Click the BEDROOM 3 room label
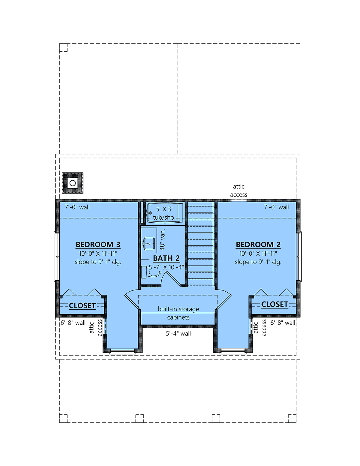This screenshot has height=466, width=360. point(98,245)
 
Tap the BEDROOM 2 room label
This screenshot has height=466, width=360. point(258,245)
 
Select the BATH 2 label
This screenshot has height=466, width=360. point(166,258)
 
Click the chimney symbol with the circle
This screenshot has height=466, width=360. point(73,183)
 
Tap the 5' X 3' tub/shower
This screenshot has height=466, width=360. point(165,213)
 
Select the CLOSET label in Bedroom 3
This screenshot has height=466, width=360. point(82,305)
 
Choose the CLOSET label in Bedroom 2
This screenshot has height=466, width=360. point(274,304)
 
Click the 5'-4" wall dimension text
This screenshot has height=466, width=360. point(178,333)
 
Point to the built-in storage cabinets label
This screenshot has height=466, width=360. point(178,313)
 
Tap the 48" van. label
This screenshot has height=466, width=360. point(163,240)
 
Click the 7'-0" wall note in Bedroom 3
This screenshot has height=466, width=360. point(77,207)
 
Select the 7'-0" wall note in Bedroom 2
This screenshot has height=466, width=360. point(276,207)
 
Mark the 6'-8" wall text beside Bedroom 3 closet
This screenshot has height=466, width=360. point(73,323)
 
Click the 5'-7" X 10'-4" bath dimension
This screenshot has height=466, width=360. point(166,267)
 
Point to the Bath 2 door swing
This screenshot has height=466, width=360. point(170,278)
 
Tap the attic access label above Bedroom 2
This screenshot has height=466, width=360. point(238,191)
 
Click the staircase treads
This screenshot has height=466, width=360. point(201,244)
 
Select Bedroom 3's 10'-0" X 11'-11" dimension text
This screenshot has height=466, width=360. point(98,254)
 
